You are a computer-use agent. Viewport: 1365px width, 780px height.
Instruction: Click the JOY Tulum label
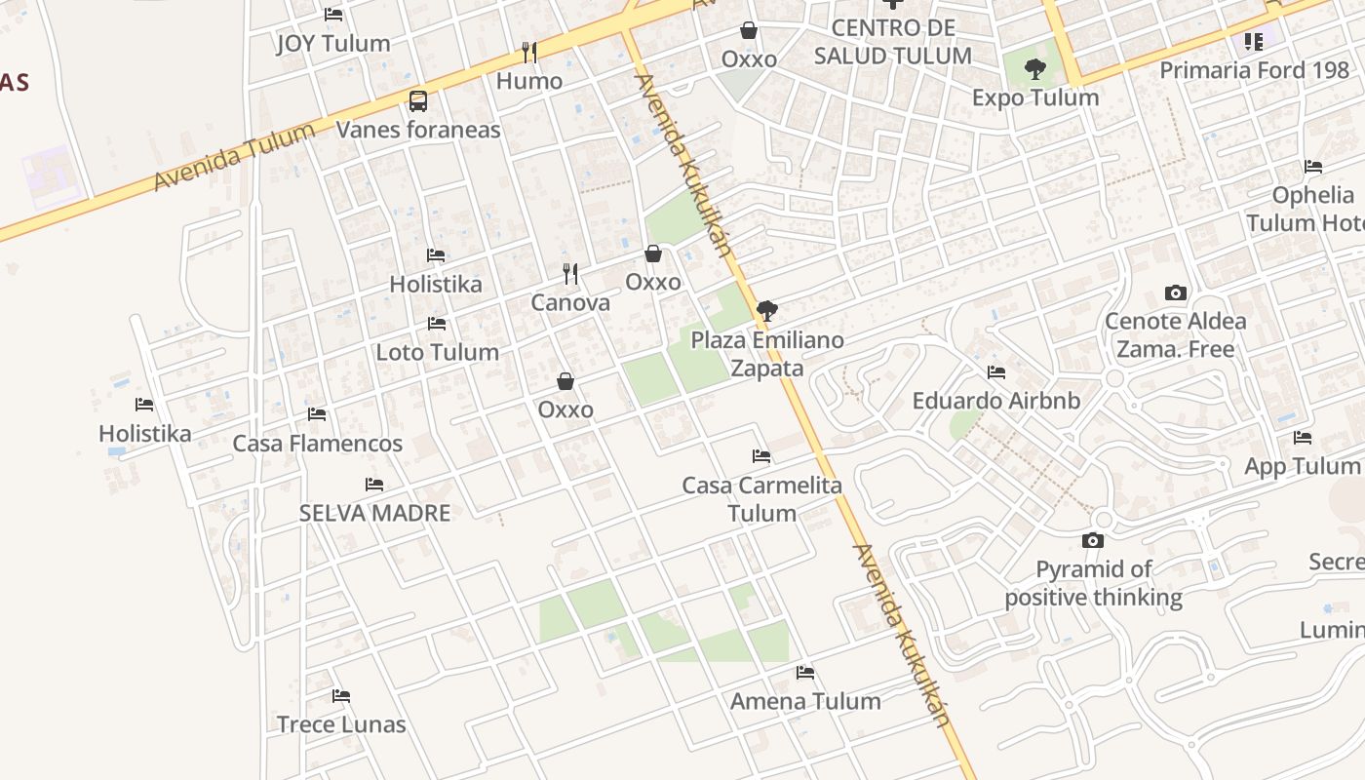(333, 44)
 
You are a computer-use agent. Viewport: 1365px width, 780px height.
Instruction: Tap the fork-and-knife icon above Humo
(528, 52)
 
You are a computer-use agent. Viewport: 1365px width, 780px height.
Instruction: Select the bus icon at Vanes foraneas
(418, 100)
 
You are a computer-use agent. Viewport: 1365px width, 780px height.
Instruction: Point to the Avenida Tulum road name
(235, 157)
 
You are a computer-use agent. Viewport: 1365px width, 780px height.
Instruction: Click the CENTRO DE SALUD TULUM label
(893, 42)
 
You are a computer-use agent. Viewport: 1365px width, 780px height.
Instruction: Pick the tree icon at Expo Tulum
(1035, 69)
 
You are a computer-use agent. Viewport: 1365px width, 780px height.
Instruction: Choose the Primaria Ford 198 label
(1261, 70)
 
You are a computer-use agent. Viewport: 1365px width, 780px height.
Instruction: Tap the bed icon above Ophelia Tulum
(1313, 167)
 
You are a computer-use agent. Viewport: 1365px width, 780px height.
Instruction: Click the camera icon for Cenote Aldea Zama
(1176, 292)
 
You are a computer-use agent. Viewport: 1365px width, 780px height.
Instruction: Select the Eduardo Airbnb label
(996, 401)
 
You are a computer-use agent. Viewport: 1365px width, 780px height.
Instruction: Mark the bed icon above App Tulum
(1303, 438)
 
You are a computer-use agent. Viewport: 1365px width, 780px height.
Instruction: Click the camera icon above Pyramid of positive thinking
(1093, 540)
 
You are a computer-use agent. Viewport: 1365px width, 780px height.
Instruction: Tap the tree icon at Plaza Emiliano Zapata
(767, 311)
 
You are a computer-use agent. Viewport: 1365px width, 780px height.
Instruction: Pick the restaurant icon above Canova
(570, 274)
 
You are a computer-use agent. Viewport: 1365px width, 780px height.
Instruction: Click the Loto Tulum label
(438, 352)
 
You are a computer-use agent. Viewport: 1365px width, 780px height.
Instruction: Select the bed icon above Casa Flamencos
(317, 414)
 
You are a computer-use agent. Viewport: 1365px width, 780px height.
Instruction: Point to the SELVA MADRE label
(374, 513)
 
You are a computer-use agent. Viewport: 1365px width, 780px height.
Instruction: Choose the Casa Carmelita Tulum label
(761, 499)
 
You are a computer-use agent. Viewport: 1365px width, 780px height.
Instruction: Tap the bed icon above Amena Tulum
(805, 673)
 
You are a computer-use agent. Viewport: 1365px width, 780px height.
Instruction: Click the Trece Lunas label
(341, 724)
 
